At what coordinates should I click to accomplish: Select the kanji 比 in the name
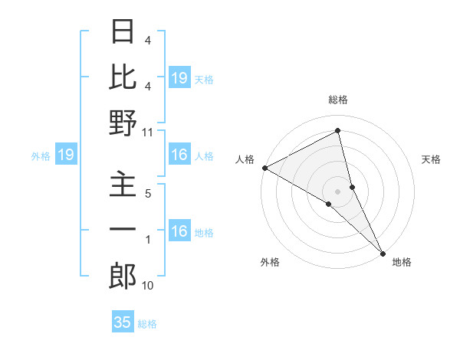click(123, 77)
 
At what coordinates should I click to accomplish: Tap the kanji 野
click(123, 123)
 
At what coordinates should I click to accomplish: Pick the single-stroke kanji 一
click(123, 230)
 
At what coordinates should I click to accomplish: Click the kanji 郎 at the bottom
click(123, 277)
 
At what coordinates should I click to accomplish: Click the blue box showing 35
click(123, 322)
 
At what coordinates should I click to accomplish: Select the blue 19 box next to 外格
click(65, 155)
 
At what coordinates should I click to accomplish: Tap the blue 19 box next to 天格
click(179, 78)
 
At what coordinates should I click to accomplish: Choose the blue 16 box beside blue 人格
click(179, 155)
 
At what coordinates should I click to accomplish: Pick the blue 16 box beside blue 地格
click(179, 232)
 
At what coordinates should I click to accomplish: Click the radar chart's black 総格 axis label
click(338, 100)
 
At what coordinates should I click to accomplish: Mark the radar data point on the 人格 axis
click(264, 168)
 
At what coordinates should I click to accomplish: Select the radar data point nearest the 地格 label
click(383, 251)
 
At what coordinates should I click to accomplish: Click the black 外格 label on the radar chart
click(270, 262)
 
